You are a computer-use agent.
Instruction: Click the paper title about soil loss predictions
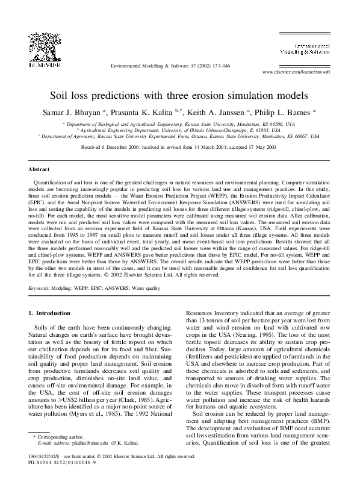tap(179, 95)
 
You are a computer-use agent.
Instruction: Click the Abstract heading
tap(40, 170)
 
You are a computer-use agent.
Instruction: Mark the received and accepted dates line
tap(179, 146)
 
